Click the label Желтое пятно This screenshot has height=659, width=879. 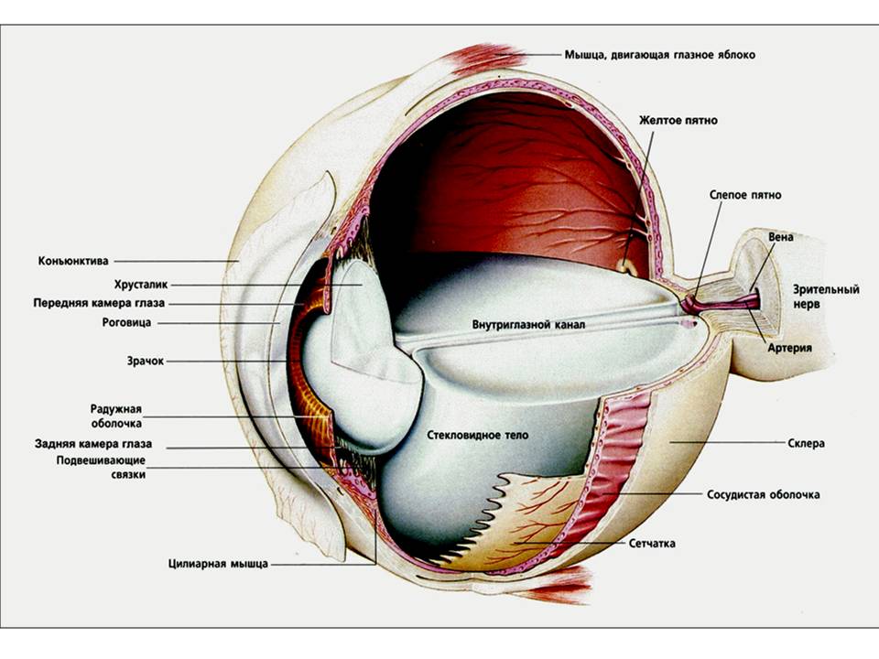[x=679, y=120]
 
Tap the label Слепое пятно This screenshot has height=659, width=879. [x=745, y=195]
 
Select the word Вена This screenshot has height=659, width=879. [x=780, y=237]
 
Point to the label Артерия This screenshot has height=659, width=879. [x=790, y=349]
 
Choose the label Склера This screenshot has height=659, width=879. [x=807, y=443]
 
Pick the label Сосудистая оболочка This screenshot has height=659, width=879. [x=763, y=495]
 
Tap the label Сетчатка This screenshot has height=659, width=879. [x=652, y=543]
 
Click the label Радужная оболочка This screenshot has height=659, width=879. [x=116, y=416]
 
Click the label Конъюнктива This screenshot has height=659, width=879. [x=73, y=261]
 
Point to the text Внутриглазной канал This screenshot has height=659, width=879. [x=528, y=325]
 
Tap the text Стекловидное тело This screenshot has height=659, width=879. [x=478, y=436]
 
